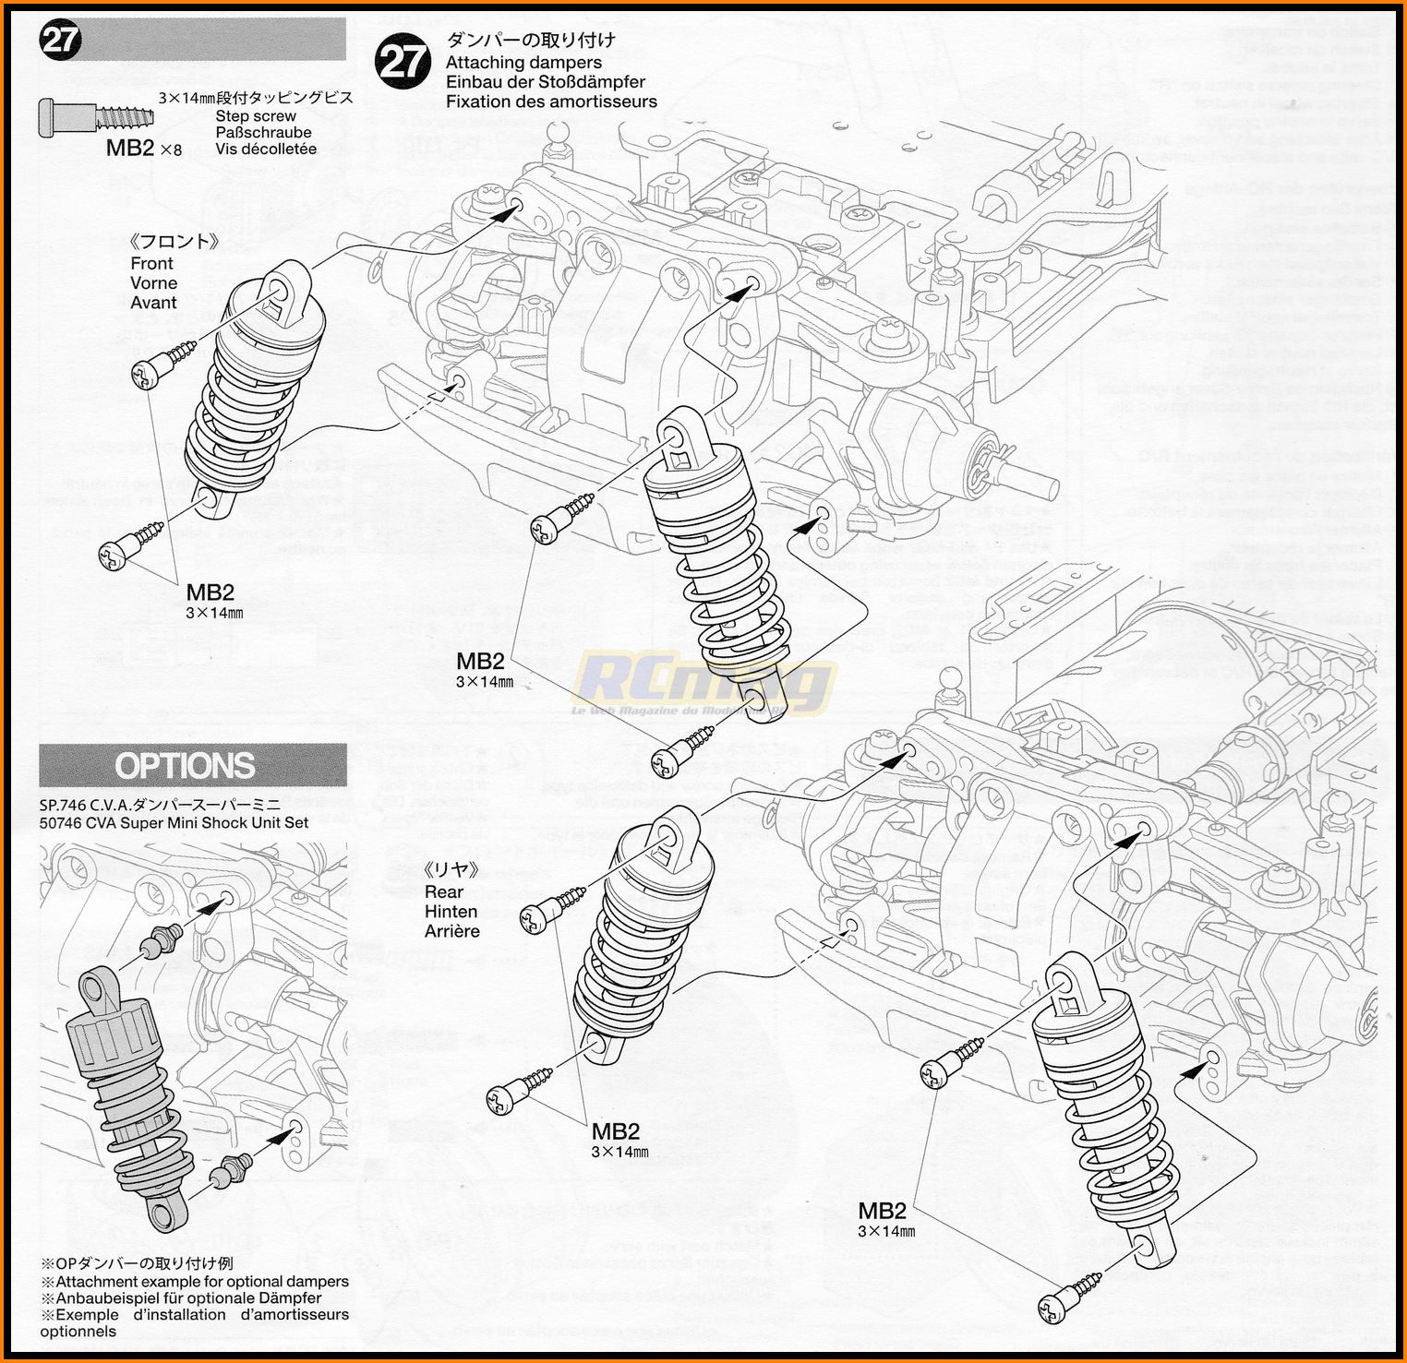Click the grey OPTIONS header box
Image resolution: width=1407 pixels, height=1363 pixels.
tap(193, 766)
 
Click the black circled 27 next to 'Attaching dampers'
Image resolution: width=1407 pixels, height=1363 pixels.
tap(403, 63)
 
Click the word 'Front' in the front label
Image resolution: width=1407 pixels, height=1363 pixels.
tap(151, 264)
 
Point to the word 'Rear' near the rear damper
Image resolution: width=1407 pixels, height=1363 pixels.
tap(443, 891)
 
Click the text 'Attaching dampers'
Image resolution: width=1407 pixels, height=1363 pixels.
tap(523, 63)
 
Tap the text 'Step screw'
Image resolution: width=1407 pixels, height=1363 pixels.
tap(256, 116)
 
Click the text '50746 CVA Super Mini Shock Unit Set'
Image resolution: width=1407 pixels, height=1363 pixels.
tap(174, 823)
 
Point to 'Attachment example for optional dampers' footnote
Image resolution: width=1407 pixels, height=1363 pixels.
tap(201, 1282)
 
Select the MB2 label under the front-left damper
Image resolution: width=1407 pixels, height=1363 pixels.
tap(210, 592)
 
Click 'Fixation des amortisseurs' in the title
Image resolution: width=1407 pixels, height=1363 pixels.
tap(551, 102)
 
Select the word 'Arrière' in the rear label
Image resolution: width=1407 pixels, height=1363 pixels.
tap(452, 931)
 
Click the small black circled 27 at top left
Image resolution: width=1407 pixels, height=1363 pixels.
tap(61, 41)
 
